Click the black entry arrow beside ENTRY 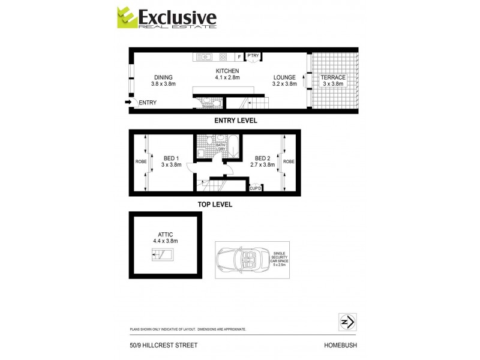pyautogui.click(x=128, y=103)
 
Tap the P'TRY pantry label pyautogui.click(x=253, y=56)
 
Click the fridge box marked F pyautogui.click(x=239, y=57)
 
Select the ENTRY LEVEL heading pyautogui.click(x=236, y=121)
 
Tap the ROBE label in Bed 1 pyautogui.click(x=141, y=162)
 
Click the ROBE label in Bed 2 pyautogui.click(x=289, y=161)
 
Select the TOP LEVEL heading pyautogui.click(x=215, y=205)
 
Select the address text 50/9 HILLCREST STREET pyautogui.click(x=163, y=345)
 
